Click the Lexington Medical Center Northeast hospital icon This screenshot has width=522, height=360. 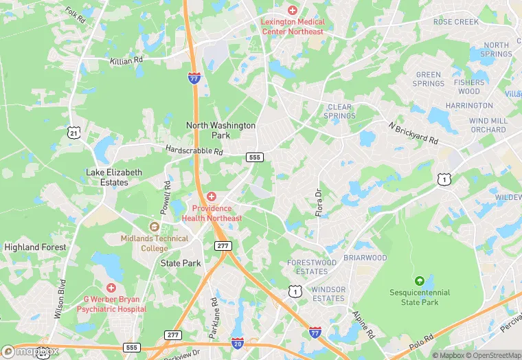click(x=292, y=10)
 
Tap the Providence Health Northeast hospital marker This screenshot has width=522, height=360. click(x=212, y=196)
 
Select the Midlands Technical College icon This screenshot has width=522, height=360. click(x=155, y=227)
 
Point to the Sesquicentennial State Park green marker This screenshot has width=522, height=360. click(x=419, y=280)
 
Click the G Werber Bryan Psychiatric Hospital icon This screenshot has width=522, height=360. click(x=111, y=287)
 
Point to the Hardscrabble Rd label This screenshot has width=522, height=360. click(x=194, y=150)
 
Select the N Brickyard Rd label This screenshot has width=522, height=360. click(x=412, y=133)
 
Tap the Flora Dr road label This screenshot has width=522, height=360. click(x=318, y=203)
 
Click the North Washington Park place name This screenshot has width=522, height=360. click(x=221, y=131)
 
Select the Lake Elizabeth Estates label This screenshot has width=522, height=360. click(x=114, y=177)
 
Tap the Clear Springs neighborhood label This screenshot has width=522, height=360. click(x=341, y=111)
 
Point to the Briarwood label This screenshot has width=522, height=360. click(x=365, y=258)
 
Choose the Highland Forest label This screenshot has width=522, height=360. click(x=35, y=247)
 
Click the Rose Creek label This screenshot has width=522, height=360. click(x=456, y=22)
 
